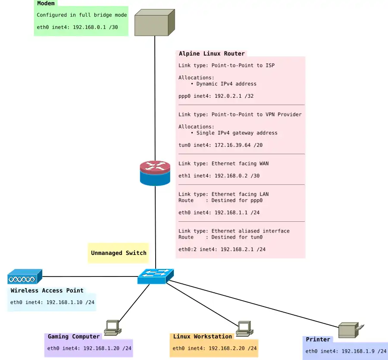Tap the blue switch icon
tap(155, 276)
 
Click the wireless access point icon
tap(25, 276)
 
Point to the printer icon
tap(350, 330)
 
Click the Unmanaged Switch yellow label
tap(119, 253)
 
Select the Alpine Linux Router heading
tap(212, 54)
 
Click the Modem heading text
tap(46, 3)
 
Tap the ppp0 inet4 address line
tap(216, 96)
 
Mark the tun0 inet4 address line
tap(220, 145)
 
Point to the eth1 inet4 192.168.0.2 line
tap(219, 176)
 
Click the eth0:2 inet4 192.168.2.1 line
tap(222, 249)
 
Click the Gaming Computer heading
tap(74, 336)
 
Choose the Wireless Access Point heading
tap(47, 291)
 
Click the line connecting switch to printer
tap(254, 305)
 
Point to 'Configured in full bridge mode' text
tap(81, 15)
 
